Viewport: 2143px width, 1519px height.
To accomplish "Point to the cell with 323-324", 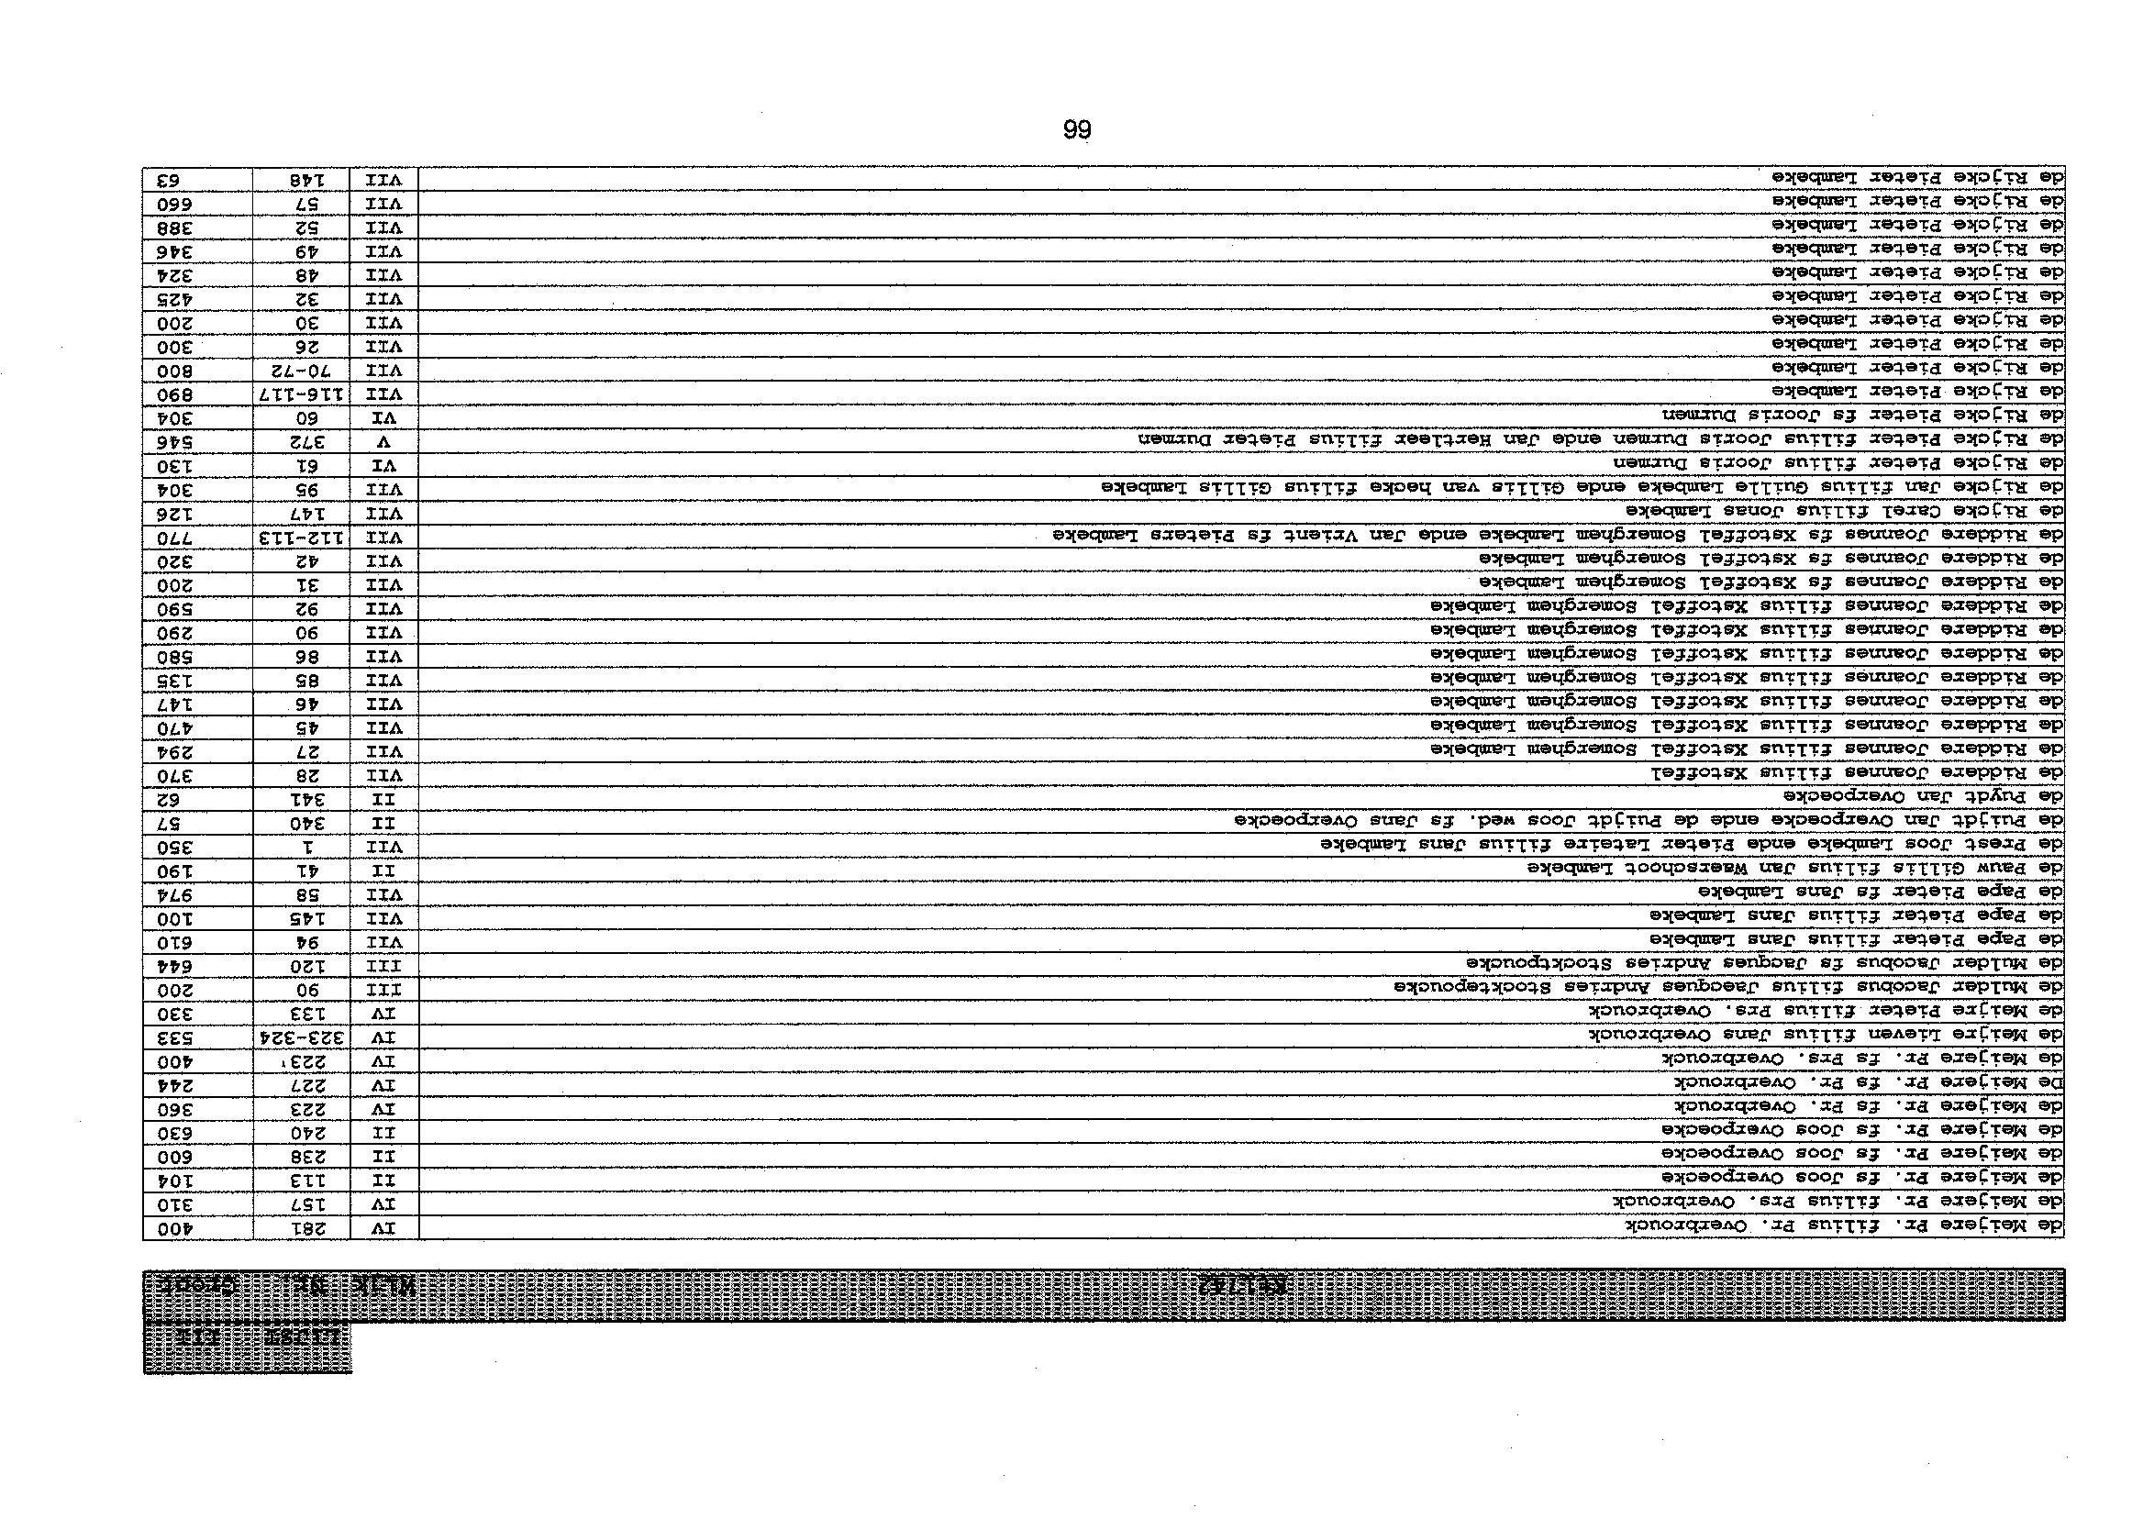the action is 302,1037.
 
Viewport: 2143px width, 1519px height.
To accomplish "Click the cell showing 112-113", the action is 302,538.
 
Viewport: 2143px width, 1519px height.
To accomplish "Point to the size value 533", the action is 197,1037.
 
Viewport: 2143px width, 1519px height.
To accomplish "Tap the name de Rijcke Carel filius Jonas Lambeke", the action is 1844,512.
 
